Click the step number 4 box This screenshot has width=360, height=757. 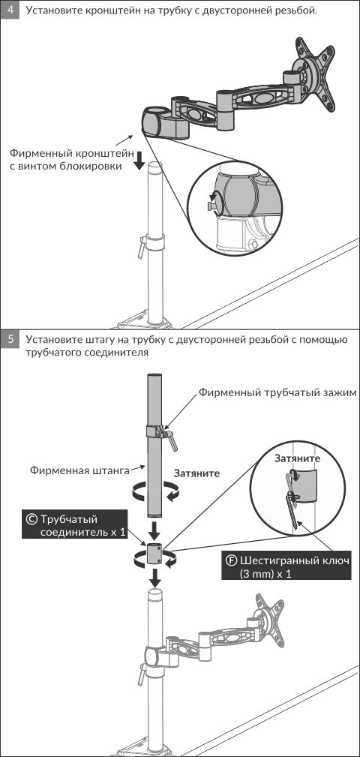click(x=10, y=10)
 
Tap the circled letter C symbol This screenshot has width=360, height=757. click(x=31, y=519)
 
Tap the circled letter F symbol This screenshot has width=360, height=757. click(x=232, y=561)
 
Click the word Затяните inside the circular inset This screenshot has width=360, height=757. click(x=297, y=458)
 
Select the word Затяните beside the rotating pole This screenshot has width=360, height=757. click(x=196, y=473)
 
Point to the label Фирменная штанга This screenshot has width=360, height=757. click(x=79, y=470)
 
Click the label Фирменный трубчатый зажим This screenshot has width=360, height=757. click(x=277, y=392)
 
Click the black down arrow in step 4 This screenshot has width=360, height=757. click(x=139, y=161)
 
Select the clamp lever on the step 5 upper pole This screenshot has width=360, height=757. click(x=171, y=438)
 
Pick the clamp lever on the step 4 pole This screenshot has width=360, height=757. click(x=142, y=246)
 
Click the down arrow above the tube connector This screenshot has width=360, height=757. click(x=155, y=532)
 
